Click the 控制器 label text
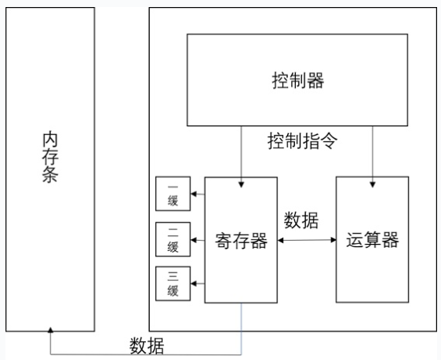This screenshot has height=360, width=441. click(298, 80)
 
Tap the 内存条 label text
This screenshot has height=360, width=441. click(50, 157)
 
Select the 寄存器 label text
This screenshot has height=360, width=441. click(241, 241)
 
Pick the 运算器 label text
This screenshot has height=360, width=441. click(373, 240)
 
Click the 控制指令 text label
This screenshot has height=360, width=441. click(302, 140)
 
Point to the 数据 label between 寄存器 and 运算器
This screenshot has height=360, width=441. click(301, 220)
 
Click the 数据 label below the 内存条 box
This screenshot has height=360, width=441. click(147, 345)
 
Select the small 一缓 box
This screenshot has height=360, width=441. click(173, 194)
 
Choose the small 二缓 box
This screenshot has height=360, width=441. click(173, 239)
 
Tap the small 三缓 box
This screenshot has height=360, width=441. click(173, 284)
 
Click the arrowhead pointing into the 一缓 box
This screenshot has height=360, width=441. click(194, 194)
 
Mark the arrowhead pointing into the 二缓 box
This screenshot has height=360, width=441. click(194, 240)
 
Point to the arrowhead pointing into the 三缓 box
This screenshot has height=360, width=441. click(194, 283)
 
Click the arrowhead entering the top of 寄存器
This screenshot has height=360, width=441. click(241, 184)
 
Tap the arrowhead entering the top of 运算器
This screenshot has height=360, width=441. click(373, 184)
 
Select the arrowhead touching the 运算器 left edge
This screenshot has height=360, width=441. click(333, 240)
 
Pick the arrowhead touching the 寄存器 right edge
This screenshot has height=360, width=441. click(280, 240)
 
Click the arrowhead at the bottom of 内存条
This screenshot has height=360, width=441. click(50, 330)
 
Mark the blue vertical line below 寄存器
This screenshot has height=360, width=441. click(241, 329)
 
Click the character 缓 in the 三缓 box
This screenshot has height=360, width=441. click(173, 290)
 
